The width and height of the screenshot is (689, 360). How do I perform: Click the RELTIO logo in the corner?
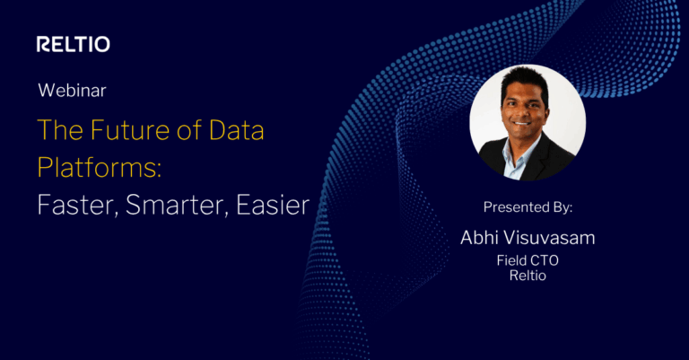pos(74,44)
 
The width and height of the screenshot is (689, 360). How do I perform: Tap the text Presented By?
pos(528,207)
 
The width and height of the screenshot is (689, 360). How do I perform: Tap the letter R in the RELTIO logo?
pos(43,44)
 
